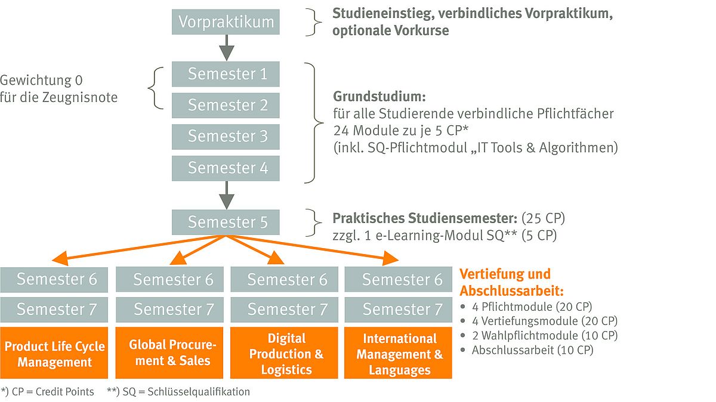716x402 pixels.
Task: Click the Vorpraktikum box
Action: tap(226, 21)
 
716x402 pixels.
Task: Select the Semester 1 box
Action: tap(226, 74)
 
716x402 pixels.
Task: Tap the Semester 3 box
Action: tap(226, 137)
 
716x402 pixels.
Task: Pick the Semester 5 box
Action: tap(226, 222)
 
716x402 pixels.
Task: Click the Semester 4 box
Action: tap(226, 168)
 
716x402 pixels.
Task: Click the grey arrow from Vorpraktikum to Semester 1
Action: tap(227, 48)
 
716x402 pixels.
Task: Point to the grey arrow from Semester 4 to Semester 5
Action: tap(227, 195)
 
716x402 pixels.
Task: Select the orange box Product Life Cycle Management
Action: tap(54, 352)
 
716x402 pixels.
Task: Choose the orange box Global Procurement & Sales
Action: tap(169, 352)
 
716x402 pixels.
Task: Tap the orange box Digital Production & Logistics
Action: tap(284, 352)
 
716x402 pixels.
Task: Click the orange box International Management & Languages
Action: tap(399, 352)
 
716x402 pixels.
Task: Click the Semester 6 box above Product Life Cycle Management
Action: tap(54, 280)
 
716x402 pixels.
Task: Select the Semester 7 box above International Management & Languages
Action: tap(399, 310)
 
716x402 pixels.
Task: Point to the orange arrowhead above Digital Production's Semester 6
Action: tap(276, 258)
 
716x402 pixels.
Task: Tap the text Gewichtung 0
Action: tap(41, 80)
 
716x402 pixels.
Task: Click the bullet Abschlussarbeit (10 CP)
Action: tap(532, 350)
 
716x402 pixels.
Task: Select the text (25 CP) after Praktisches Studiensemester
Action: tap(543, 218)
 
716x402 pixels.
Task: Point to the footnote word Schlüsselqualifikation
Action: tap(199, 392)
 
